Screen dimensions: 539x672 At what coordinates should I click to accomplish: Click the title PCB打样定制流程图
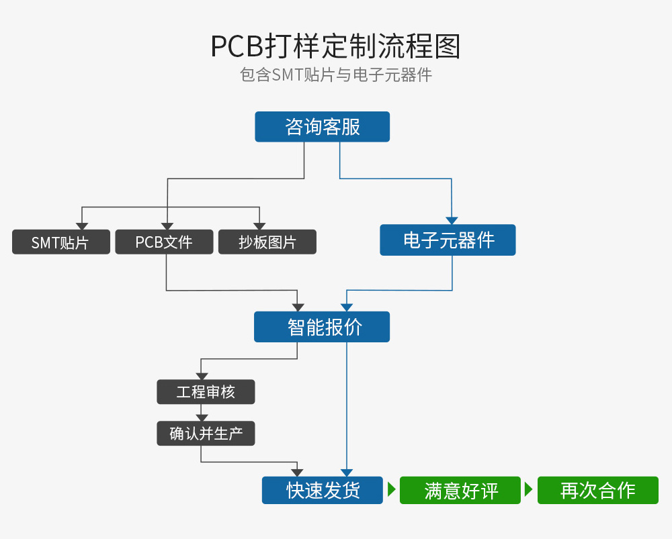(x=335, y=47)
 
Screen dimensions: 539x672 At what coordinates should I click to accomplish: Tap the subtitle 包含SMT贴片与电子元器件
(x=335, y=75)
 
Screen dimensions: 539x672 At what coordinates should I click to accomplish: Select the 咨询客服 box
(x=322, y=127)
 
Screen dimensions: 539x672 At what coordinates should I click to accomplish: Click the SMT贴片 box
(x=60, y=242)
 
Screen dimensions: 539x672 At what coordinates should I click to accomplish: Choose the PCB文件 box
(x=164, y=242)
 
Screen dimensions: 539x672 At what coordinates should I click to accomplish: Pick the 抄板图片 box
(x=267, y=242)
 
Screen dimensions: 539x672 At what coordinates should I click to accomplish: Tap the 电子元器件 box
(x=448, y=240)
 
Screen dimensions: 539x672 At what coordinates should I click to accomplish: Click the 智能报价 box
(x=322, y=327)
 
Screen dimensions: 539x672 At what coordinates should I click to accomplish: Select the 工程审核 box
(x=206, y=392)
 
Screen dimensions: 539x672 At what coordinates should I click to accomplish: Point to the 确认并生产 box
(x=206, y=434)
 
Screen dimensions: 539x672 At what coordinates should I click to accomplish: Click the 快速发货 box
(x=323, y=491)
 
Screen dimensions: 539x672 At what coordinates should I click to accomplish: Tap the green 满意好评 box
(x=460, y=491)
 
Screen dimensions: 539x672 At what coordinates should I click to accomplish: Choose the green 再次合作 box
(x=597, y=491)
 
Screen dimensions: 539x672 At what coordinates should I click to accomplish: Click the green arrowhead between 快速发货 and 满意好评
(x=391, y=491)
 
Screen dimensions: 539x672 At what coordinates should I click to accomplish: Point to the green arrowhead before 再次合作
(x=529, y=491)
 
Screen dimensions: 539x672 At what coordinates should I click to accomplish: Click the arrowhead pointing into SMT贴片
(x=81, y=226)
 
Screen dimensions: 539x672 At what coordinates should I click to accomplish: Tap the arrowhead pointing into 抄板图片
(x=258, y=226)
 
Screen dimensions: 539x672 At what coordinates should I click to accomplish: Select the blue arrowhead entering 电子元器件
(x=452, y=220)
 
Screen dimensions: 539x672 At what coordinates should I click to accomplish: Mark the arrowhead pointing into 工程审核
(x=201, y=376)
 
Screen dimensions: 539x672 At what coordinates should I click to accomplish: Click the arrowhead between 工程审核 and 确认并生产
(x=201, y=418)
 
